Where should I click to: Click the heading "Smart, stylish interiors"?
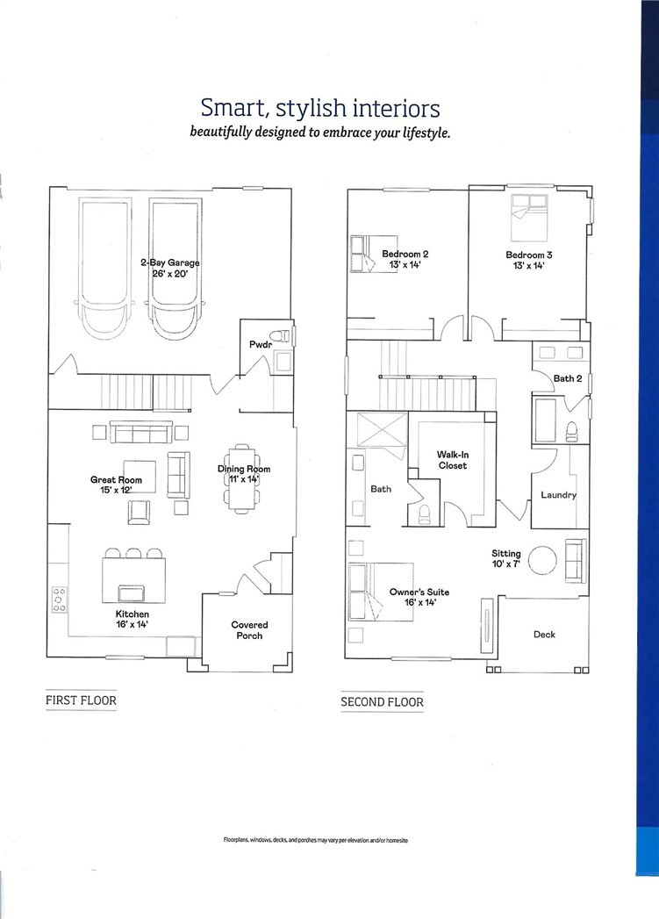coord(319,108)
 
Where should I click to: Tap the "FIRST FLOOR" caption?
coord(81,700)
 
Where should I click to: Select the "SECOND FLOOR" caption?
coord(382,702)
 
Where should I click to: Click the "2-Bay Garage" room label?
coord(170,262)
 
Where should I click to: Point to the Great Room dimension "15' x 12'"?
coord(116,490)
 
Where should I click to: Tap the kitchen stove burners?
coord(59,600)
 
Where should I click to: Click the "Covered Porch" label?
coord(249,630)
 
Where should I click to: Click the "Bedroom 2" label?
coord(405,254)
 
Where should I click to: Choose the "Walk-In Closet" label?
coord(453,460)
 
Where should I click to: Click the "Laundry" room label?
coord(558,495)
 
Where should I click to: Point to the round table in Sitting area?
coord(542,561)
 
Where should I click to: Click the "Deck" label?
coord(544,634)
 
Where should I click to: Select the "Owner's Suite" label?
coord(419,592)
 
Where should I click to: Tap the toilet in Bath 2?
coord(571,431)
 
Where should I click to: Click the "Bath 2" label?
coord(568,378)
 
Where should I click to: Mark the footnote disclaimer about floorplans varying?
coord(316,840)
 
